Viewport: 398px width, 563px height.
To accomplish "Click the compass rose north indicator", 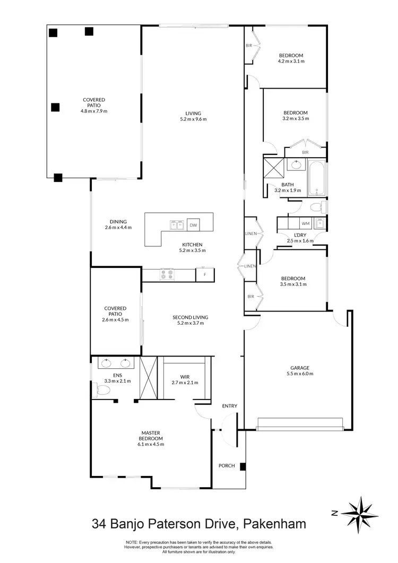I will click(359, 513).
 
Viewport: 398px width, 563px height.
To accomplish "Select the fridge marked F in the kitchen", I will click(204, 275).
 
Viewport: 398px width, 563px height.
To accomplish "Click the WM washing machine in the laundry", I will click(305, 223).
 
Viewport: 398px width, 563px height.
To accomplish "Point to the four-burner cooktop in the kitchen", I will click(167, 275).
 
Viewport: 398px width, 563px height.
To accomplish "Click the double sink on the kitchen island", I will click(177, 224).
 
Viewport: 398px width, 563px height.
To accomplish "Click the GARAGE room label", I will click(299, 368).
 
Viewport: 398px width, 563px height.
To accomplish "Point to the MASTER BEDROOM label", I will click(151, 436).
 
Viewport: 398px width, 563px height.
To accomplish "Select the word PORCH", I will click(227, 466).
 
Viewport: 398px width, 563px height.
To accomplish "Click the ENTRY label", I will click(230, 406).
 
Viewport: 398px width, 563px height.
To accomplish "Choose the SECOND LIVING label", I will click(190, 317).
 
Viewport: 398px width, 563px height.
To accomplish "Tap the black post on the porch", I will click(243, 467).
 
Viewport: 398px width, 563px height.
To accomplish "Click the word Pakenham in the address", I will click(274, 524).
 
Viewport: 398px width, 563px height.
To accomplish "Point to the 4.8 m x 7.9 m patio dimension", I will click(93, 111).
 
